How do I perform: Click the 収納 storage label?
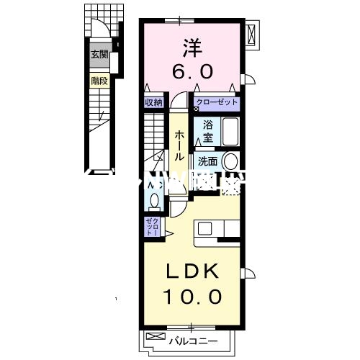tap(153, 102)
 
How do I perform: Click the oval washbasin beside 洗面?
tap(231, 162)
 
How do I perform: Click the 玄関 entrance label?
tap(99, 53)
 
